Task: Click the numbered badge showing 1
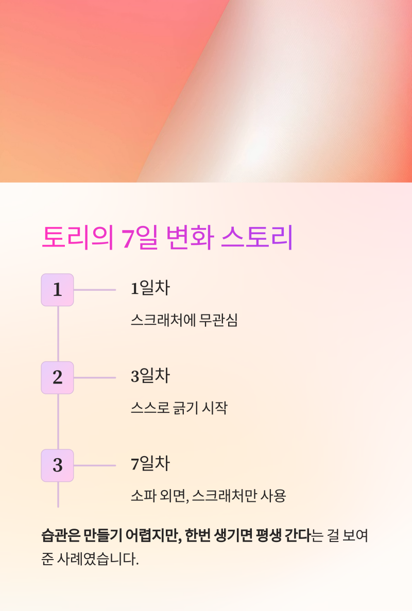(57, 290)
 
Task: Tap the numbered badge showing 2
(57, 378)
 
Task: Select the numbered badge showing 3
(57, 465)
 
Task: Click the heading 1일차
(150, 289)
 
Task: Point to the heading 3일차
(150, 376)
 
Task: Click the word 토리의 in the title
(77, 238)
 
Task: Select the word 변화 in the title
(188, 238)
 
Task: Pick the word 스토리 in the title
(256, 238)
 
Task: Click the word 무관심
(221, 321)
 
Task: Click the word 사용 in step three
(273, 496)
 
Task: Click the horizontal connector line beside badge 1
(95, 290)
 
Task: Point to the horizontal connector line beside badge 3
(95, 465)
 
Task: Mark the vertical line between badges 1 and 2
(58, 334)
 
